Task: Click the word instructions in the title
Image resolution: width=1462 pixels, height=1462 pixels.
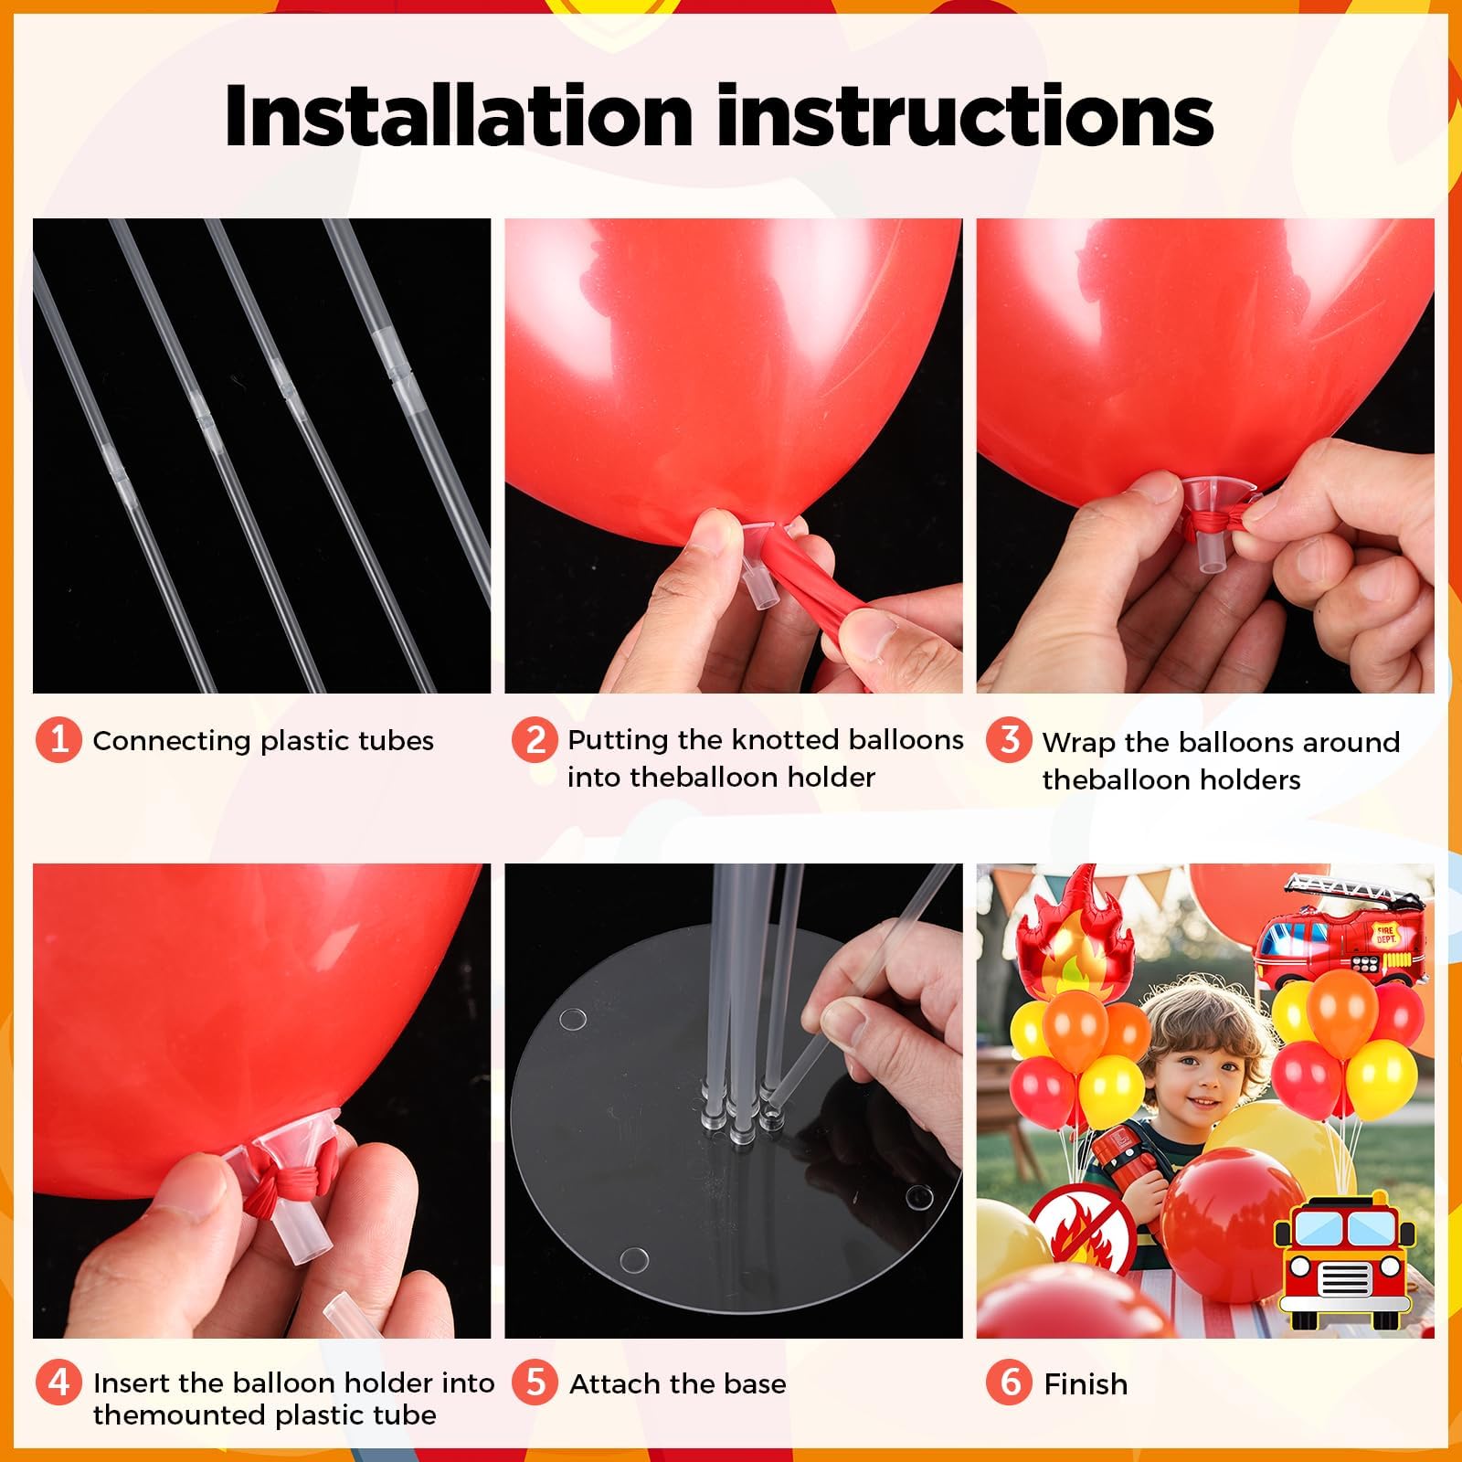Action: (x=965, y=116)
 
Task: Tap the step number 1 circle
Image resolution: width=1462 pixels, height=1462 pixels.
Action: (x=58, y=739)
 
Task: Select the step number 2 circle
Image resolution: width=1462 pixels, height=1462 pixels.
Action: (x=535, y=739)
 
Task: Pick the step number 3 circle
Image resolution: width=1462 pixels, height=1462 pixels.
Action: (x=1009, y=741)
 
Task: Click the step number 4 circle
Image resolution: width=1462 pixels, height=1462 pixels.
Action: (x=58, y=1382)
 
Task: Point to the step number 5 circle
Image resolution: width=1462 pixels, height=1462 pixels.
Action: (x=535, y=1383)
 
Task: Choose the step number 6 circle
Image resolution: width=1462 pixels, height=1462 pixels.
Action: (x=1009, y=1383)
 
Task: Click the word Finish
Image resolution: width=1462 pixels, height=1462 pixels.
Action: (x=1086, y=1384)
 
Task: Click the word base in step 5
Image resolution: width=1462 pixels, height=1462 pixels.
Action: (x=755, y=1384)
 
